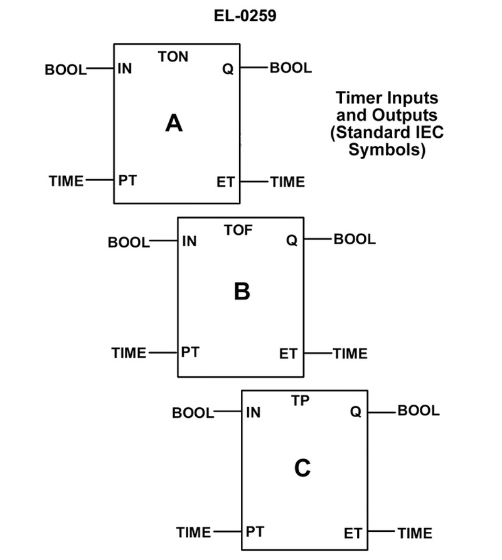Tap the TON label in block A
(x=173, y=57)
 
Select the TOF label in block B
(x=238, y=231)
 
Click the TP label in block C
(x=301, y=401)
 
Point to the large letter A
(x=174, y=123)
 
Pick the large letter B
(x=242, y=291)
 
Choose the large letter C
(x=302, y=468)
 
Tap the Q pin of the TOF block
(x=291, y=240)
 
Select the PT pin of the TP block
(x=254, y=532)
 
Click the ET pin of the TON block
(x=225, y=182)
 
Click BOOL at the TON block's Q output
(x=291, y=68)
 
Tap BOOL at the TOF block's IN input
(x=129, y=242)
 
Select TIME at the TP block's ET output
(x=414, y=534)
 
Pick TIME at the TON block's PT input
(x=66, y=181)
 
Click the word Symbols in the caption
(x=387, y=150)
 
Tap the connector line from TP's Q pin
(x=382, y=412)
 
